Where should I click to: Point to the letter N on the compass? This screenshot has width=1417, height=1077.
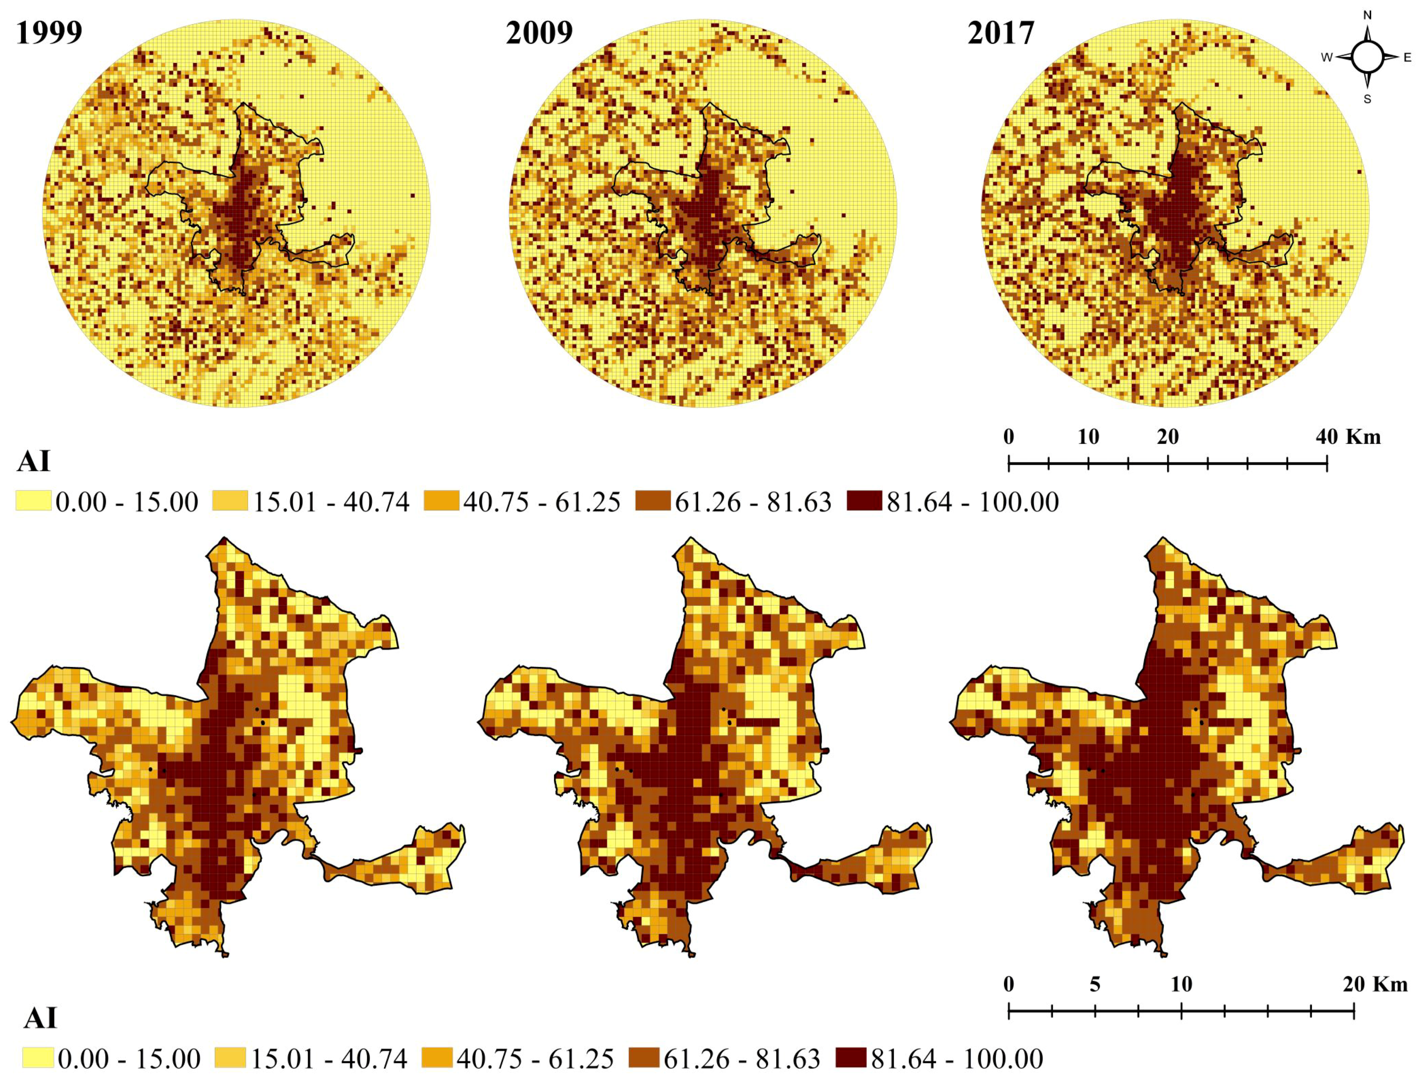1367,15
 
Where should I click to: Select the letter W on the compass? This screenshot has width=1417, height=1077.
1326,58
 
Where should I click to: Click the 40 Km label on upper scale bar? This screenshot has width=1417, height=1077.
1348,437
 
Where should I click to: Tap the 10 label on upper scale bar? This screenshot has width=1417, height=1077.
1088,437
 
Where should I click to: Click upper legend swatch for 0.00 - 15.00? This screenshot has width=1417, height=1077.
33,502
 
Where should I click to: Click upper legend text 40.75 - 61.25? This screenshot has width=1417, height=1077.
542,502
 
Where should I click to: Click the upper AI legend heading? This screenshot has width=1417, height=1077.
33,462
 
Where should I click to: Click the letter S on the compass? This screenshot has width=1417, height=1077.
1367,100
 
